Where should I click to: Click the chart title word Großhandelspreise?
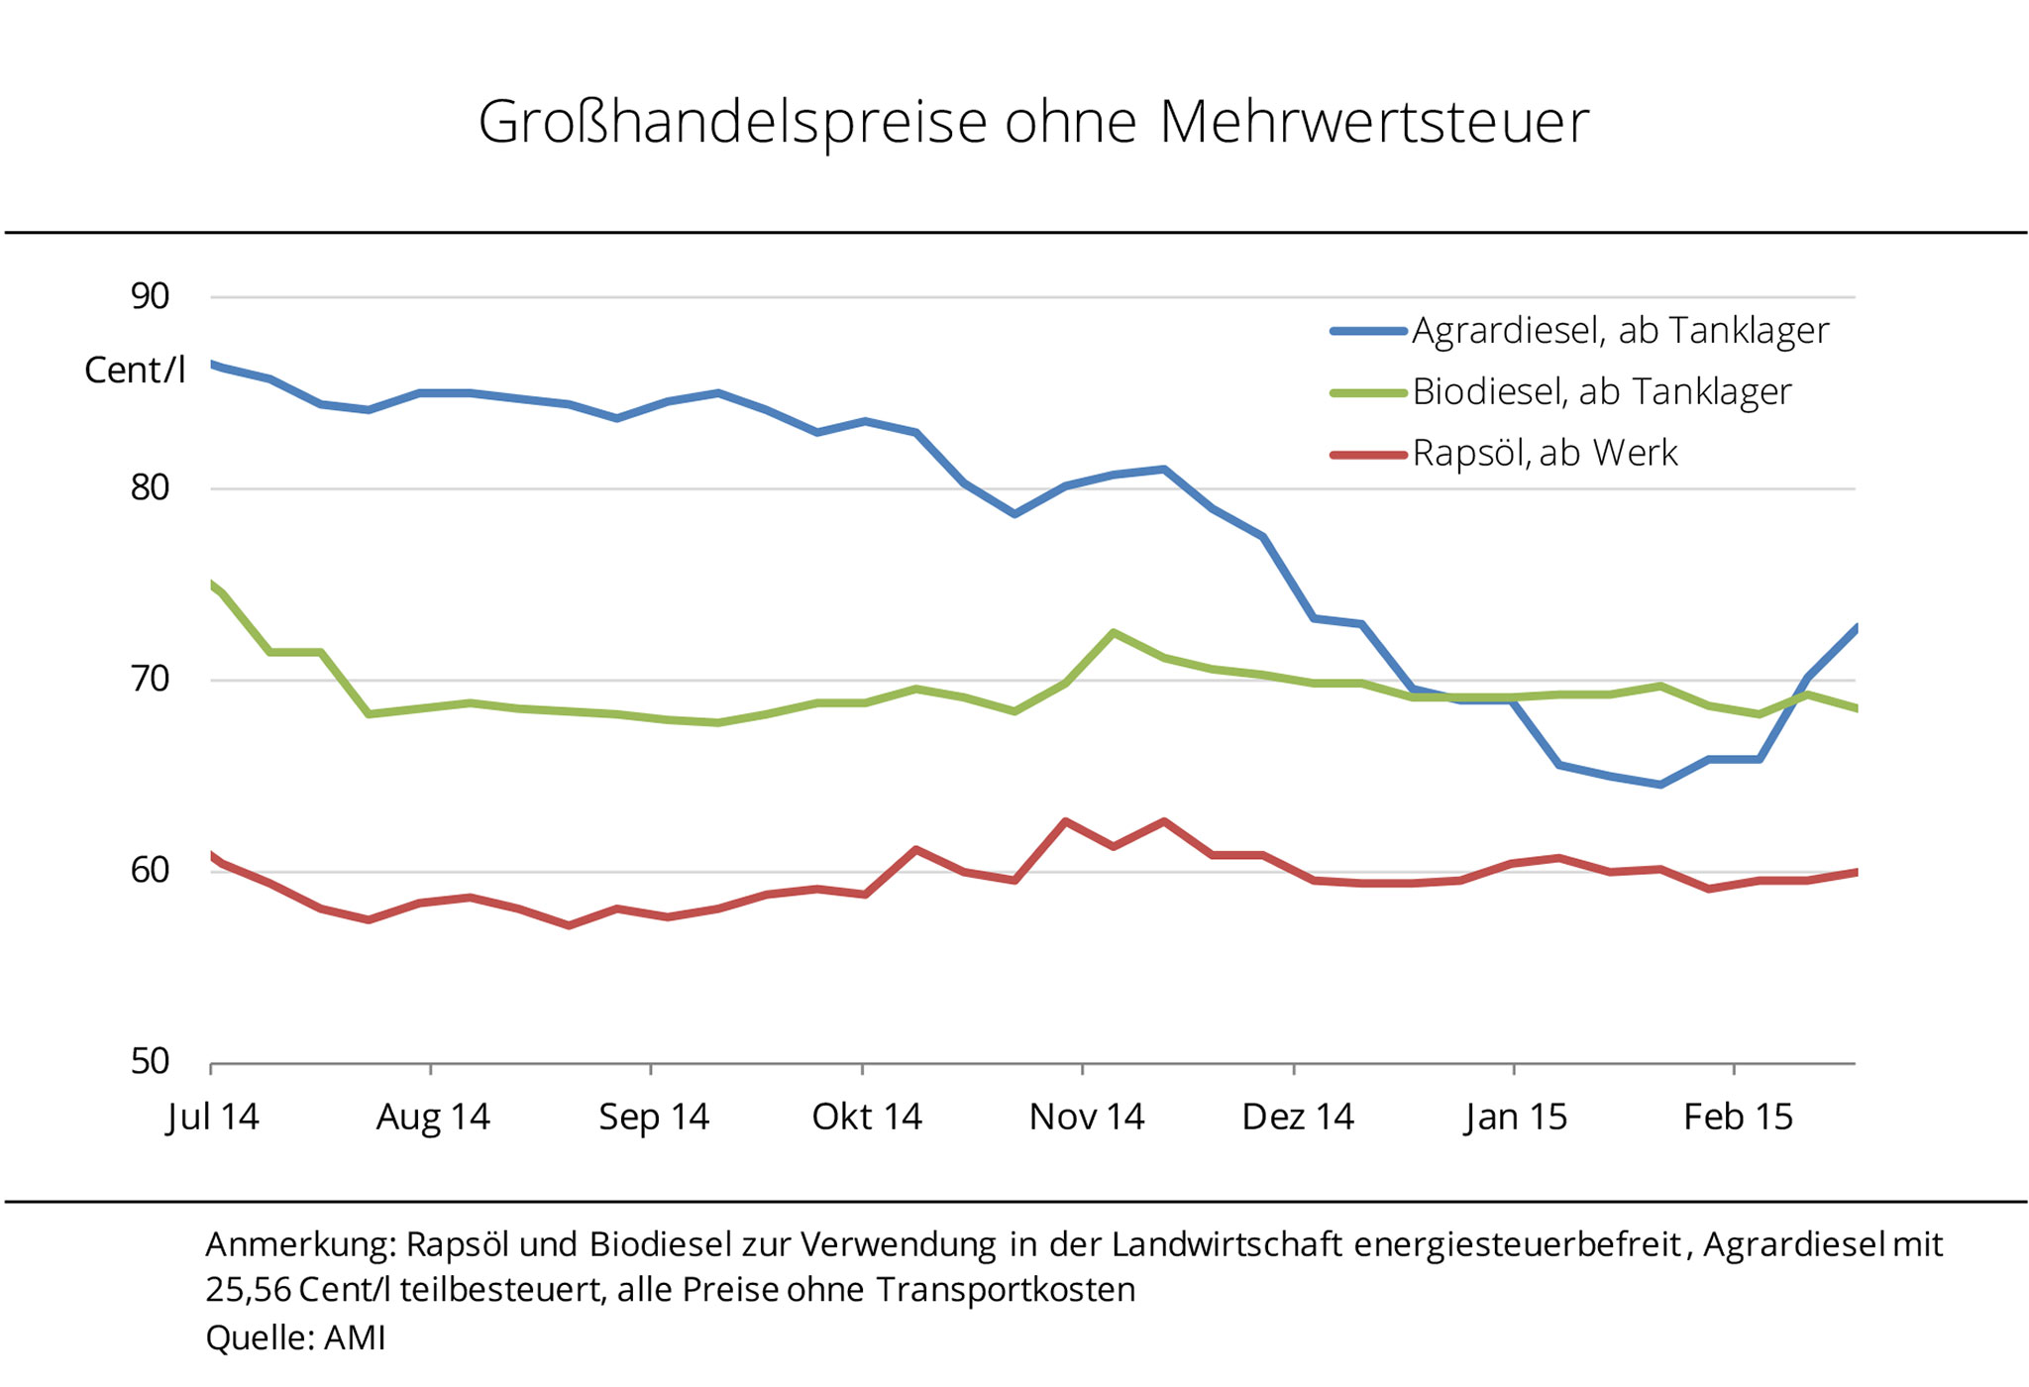(x=732, y=123)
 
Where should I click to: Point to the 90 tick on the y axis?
(x=151, y=296)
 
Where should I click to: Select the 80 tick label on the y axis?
(x=151, y=487)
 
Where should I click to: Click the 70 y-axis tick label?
(x=151, y=680)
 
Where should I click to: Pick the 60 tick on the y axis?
(x=151, y=871)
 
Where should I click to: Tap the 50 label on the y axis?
(x=151, y=1062)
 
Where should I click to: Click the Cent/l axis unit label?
(x=135, y=371)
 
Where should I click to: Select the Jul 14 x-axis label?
(x=213, y=1118)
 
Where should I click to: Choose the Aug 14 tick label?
(x=433, y=1118)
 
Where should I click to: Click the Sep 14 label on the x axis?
(x=654, y=1118)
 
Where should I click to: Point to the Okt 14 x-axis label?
(x=867, y=1118)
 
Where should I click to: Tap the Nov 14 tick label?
(x=1087, y=1118)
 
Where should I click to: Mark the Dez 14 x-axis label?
(x=1298, y=1118)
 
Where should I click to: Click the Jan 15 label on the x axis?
(x=1516, y=1118)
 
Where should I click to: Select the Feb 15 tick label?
(x=1739, y=1118)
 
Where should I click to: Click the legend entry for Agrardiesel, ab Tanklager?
(x=1619, y=331)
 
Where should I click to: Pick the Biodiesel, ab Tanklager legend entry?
(x=1601, y=392)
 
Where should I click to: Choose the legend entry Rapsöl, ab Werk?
(x=1545, y=454)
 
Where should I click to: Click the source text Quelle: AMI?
(x=295, y=1338)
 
